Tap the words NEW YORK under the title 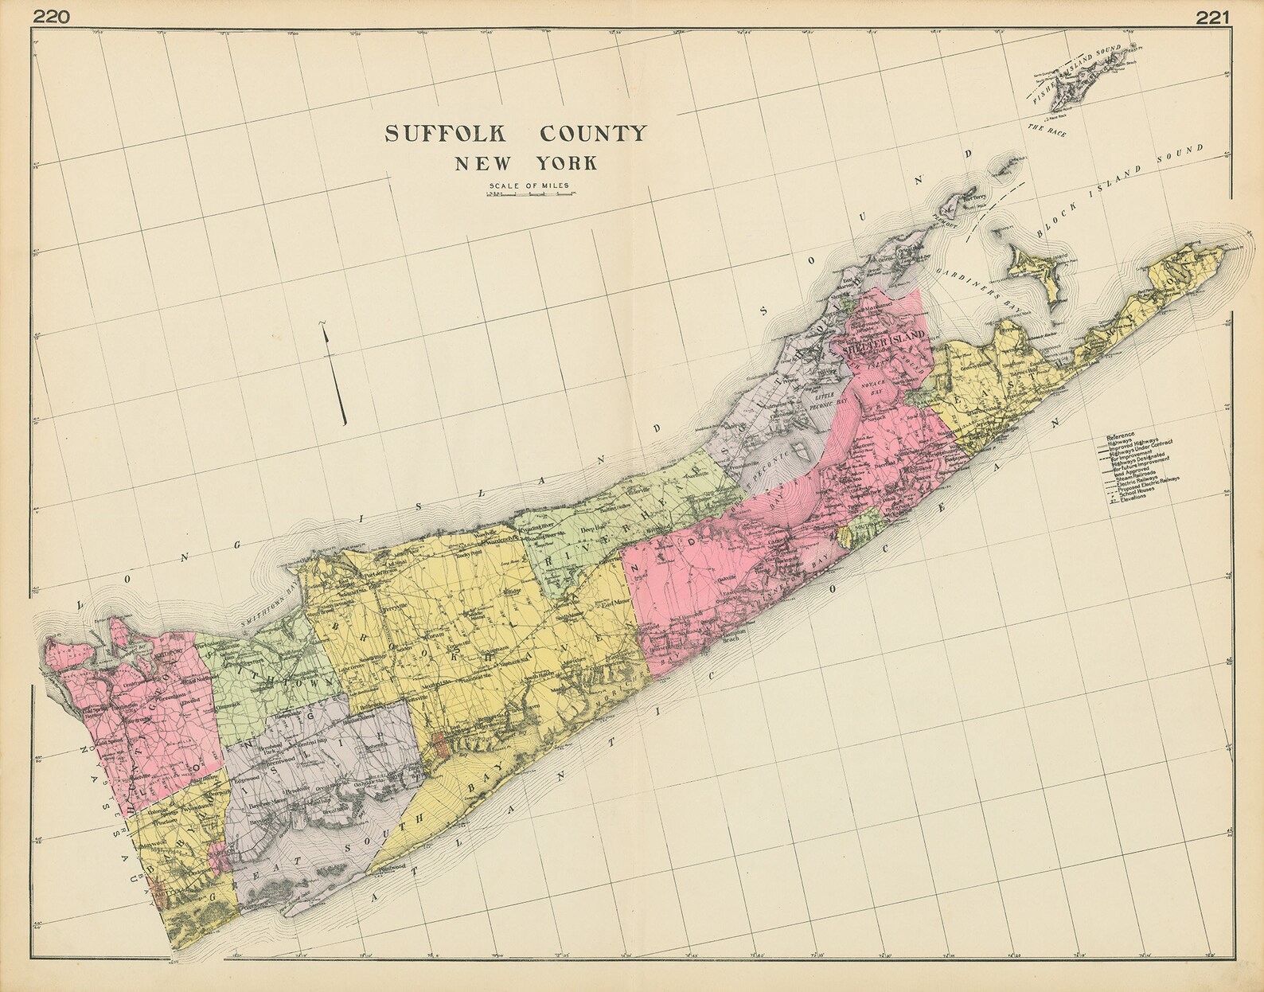click(526, 164)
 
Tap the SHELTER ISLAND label click(879, 335)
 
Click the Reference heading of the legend click(1119, 437)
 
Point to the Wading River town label click(538, 528)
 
